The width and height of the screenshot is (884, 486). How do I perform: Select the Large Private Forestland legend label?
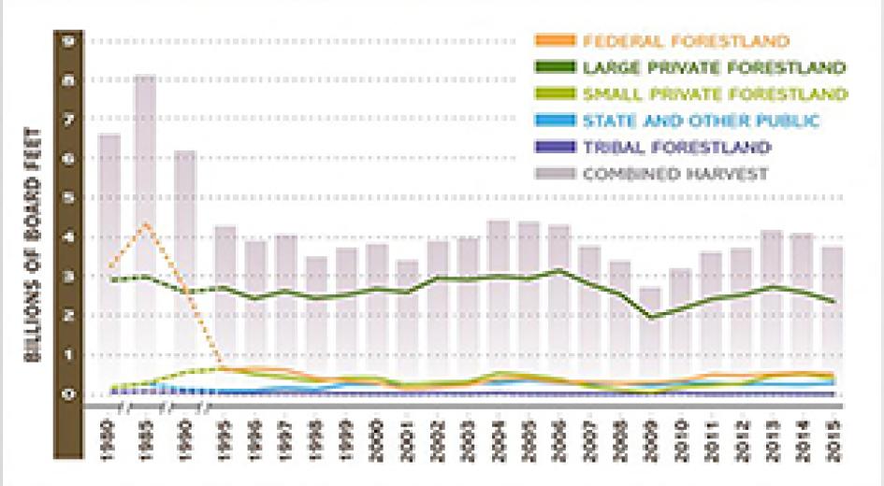click(x=715, y=68)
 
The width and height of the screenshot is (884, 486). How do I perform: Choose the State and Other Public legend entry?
click(x=701, y=121)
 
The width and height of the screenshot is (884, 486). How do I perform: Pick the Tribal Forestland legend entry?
click(x=676, y=147)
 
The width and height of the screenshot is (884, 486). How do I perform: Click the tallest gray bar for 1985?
click(x=145, y=234)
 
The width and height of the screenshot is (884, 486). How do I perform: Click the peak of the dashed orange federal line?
click(x=144, y=223)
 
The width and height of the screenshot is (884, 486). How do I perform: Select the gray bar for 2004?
click(x=500, y=307)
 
